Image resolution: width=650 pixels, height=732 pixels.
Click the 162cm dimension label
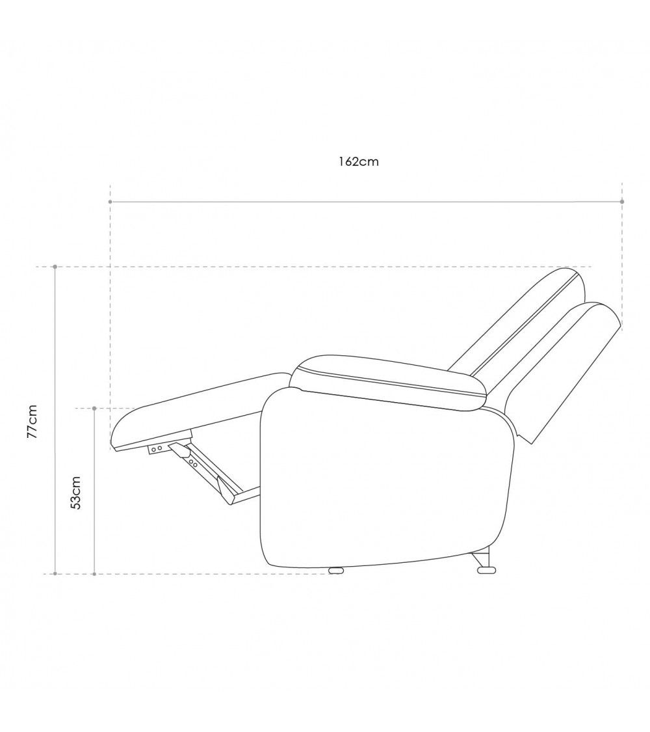click(x=359, y=162)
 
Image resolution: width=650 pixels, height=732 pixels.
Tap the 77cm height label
click(x=32, y=421)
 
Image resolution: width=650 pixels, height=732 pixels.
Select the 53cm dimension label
click(x=75, y=493)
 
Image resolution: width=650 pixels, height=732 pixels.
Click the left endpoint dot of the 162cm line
click(x=110, y=202)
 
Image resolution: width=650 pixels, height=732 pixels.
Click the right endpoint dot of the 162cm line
click(x=623, y=202)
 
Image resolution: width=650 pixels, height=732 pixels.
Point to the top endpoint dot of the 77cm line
click(x=55, y=267)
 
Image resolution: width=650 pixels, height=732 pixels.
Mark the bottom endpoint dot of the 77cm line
click(x=55, y=573)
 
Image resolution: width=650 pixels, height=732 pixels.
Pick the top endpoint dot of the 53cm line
click(x=94, y=409)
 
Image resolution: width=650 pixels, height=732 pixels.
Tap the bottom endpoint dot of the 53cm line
click(x=94, y=573)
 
